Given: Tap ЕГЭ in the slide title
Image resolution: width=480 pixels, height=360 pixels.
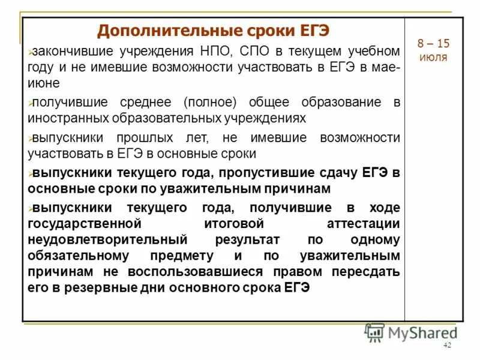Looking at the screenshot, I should tap(310, 30).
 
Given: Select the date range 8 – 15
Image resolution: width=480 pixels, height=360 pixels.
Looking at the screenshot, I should tap(433, 44).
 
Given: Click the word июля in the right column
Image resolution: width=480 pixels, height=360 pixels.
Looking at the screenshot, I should tap(433, 58).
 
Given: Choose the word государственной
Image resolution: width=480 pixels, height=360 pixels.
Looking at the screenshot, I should tap(84, 224).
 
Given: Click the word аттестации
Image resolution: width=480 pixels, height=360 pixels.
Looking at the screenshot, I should tap(364, 224).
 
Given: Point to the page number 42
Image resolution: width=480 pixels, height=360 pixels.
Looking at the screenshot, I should tap(446, 346).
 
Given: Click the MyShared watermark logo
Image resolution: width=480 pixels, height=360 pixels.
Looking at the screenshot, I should tap(411, 332).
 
